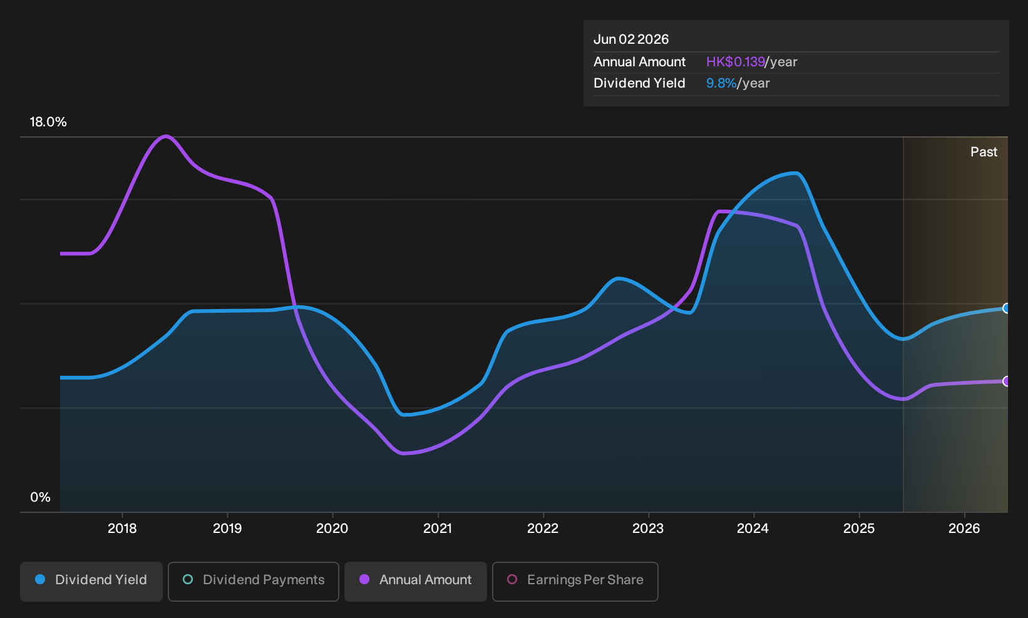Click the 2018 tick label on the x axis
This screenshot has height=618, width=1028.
(x=122, y=529)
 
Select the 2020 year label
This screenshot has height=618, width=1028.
(x=332, y=529)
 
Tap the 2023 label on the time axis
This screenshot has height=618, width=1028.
(x=648, y=529)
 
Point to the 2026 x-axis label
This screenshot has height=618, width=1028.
(x=964, y=529)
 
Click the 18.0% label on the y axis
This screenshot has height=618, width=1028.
(x=48, y=122)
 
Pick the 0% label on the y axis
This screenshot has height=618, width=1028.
(x=41, y=497)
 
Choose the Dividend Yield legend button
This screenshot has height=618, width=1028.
(x=91, y=581)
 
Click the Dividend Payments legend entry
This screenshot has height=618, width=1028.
(x=254, y=581)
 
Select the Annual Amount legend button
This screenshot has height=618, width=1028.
(x=415, y=581)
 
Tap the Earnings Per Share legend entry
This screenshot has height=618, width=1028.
(x=575, y=581)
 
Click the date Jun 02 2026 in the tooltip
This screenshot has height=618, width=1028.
(x=631, y=39)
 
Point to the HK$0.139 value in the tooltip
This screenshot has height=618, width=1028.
(x=735, y=62)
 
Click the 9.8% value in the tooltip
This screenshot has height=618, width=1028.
(x=721, y=83)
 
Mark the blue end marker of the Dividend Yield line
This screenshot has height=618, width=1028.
(x=1007, y=308)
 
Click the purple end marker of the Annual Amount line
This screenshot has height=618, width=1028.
(x=1007, y=381)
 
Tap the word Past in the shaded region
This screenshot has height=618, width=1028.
(x=984, y=152)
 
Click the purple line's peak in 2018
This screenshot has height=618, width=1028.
(x=165, y=136)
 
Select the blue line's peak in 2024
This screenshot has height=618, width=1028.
(x=796, y=173)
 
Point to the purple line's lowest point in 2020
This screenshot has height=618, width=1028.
(x=402, y=453)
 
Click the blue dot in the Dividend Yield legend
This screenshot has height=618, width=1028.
(x=41, y=579)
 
